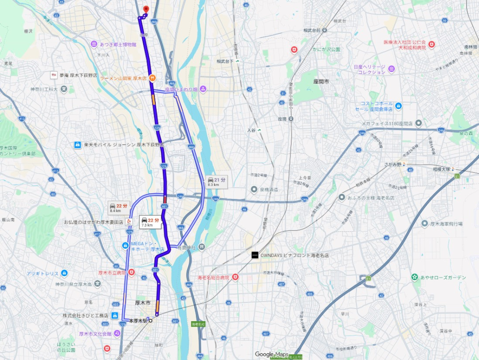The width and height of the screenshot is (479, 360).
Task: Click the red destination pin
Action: (x=145, y=9)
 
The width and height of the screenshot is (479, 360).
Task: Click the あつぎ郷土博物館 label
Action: (x=118, y=44)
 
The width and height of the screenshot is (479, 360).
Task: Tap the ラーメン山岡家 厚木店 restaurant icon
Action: (x=152, y=78)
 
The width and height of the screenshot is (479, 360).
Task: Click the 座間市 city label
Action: (x=321, y=81)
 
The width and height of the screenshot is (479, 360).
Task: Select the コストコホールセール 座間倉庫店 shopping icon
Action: (x=398, y=106)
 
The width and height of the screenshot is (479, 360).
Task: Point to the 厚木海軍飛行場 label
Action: (x=451, y=224)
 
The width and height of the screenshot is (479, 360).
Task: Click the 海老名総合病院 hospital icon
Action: (x=235, y=278)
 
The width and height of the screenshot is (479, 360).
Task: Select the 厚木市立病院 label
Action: (x=112, y=272)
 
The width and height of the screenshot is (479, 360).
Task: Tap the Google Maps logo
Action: (x=271, y=354)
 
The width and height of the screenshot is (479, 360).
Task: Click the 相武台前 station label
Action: (x=312, y=30)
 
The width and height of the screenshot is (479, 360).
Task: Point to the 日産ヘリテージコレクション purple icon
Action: (x=391, y=69)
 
